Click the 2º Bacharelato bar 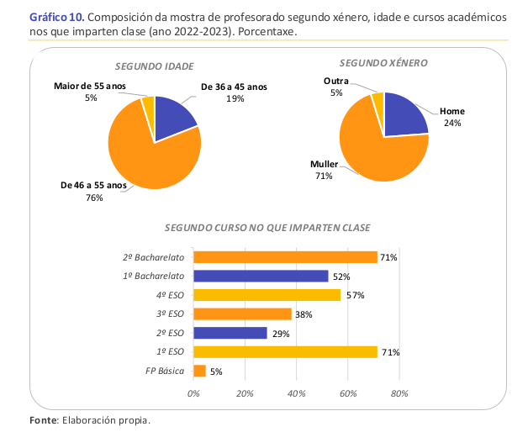pyautogui.click(x=285, y=257)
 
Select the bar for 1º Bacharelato pyautogui.click(x=261, y=276)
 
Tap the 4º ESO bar pyautogui.click(x=267, y=295)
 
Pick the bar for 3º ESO pyautogui.click(x=242, y=314)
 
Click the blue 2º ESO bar pyautogui.click(x=230, y=333)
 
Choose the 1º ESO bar pyautogui.click(x=285, y=351)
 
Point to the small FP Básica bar pyautogui.click(x=199, y=371)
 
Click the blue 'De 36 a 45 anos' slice pyautogui.click(x=174, y=117)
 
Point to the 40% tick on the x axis pyautogui.click(x=297, y=392)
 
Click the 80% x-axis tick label pyautogui.click(x=399, y=392)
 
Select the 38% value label pyautogui.click(x=304, y=314)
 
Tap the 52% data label pyautogui.click(x=341, y=277)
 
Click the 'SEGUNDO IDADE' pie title pyautogui.click(x=154, y=66)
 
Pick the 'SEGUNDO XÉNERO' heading pyautogui.click(x=384, y=63)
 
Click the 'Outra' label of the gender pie pyautogui.click(x=335, y=82)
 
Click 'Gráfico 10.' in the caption pyautogui.click(x=55, y=17)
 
